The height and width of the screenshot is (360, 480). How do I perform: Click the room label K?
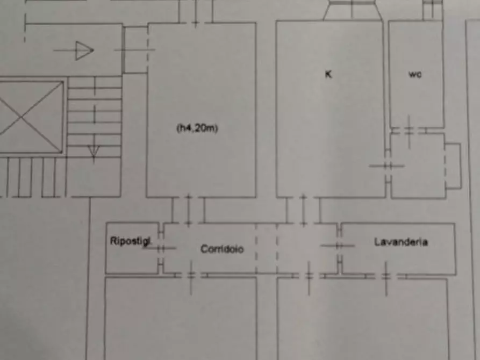click(328, 75)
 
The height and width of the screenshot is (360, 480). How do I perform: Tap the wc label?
click(415, 75)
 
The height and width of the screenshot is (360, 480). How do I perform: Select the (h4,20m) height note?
click(197, 128)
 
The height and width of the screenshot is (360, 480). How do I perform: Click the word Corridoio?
click(222, 249)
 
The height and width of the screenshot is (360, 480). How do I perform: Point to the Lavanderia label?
click(401, 242)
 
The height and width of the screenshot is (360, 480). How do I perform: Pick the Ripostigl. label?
click(131, 241)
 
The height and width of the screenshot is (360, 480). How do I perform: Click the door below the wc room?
click(409, 131)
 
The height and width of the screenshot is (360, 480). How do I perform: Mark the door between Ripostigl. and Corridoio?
click(161, 248)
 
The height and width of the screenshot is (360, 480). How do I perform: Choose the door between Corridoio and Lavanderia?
click(339, 246)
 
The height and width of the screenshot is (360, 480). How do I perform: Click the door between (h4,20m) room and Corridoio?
click(188, 210)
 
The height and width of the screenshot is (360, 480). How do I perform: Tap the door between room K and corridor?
click(303, 210)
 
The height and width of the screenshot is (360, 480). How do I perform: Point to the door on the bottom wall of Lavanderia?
click(386, 276)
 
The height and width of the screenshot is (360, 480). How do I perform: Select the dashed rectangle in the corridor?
click(267, 248)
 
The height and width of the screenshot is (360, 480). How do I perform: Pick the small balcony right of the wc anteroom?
click(453, 165)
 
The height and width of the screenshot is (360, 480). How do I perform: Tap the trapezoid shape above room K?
click(353, 11)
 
